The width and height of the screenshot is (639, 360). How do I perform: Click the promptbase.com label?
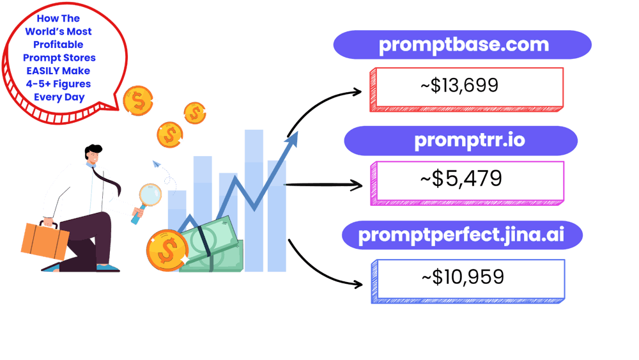tap(463, 45)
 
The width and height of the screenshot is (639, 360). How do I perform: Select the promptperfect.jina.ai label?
tap(461, 235)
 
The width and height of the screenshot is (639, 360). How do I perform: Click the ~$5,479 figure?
tap(461, 179)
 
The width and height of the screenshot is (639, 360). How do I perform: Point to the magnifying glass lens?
tap(151, 194)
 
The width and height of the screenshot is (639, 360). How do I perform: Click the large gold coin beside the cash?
tap(167, 251)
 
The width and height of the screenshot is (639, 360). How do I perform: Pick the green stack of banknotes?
tap(214, 246)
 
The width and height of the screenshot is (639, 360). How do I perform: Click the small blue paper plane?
tap(156, 164)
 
